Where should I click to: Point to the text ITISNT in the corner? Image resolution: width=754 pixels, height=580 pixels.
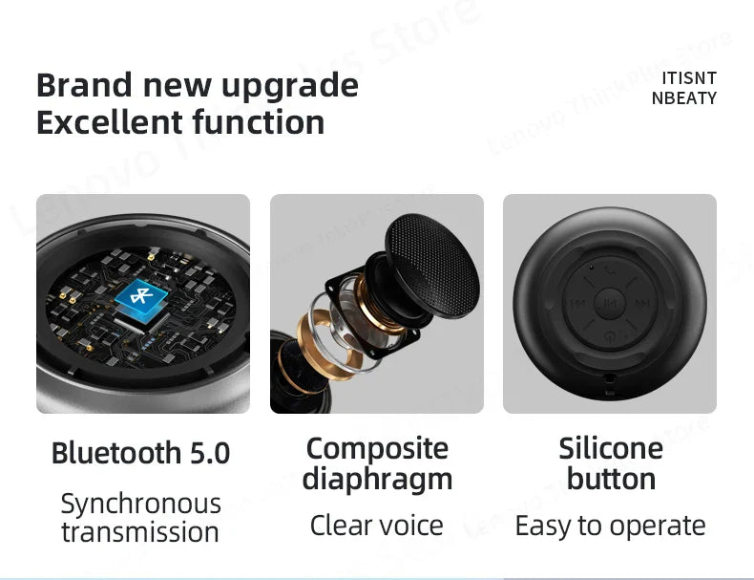(688, 78)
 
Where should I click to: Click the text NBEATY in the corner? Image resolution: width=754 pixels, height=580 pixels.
(684, 97)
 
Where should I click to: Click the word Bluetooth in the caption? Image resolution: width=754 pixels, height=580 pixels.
(115, 452)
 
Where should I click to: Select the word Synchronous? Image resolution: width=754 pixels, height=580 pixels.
(140, 504)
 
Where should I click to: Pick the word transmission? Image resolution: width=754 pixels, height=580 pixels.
(140, 531)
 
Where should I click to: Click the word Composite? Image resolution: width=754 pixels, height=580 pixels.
(376, 448)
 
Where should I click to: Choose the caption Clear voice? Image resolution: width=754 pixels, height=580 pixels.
(376, 525)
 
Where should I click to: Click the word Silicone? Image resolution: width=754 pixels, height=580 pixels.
(611, 448)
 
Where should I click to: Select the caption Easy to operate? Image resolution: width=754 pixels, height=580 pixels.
(611, 525)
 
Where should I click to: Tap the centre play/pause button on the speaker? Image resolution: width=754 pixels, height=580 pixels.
(609, 304)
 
